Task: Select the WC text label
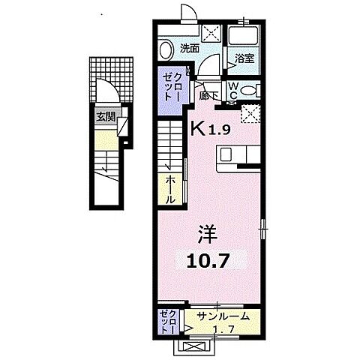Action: [x=233, y=89]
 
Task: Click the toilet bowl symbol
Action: [x=250, y=91]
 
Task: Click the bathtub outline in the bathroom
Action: [x=244, y=36]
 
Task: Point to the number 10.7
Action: [x=207, y=261]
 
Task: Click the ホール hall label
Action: [x=171, y=190]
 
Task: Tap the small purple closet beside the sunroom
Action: [x=166, y=321]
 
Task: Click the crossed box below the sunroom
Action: [x=196, y=347]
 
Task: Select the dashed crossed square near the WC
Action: [x=250, y=112]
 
